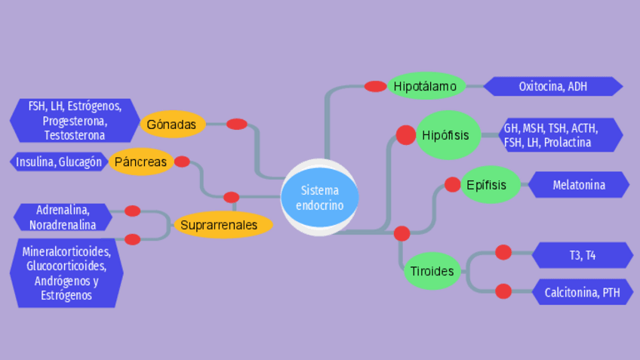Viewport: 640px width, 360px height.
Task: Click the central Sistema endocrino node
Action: [319, 198]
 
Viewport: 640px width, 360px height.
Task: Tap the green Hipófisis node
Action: [448, 135]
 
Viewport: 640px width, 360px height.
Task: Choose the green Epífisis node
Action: [491, 184]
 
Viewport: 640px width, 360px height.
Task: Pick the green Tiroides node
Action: [432, 270]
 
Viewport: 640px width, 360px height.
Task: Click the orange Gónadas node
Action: [172, 124]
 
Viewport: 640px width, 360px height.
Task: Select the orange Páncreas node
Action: [141, 162]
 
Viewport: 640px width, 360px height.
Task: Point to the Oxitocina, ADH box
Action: [553, 86]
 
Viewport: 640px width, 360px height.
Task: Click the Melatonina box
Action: [579, 184]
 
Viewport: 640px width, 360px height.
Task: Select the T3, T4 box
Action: [582, 255]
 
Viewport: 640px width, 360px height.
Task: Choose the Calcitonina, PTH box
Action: [582, 292]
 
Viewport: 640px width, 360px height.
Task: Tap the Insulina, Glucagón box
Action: [59, 162]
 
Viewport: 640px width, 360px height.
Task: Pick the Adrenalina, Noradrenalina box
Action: [63, 217]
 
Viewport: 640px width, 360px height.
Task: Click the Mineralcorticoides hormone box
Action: [66, 273]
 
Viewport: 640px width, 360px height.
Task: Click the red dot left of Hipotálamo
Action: [375, 86]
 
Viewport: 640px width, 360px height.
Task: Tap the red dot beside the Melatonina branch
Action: [452, 184]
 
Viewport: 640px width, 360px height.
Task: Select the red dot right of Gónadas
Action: [237, 124]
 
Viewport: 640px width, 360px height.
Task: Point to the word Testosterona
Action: [74, 136]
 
